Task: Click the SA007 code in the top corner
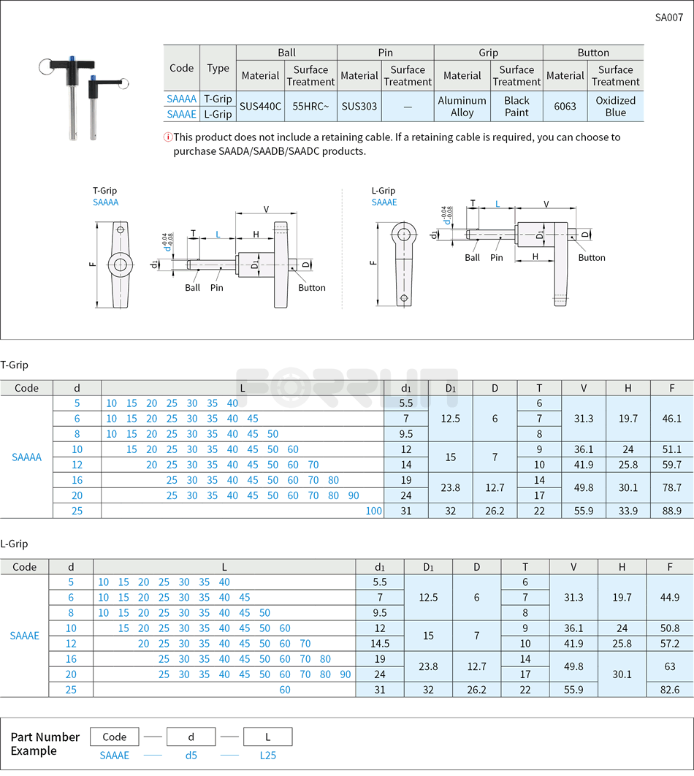[668, 18]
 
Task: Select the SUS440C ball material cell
[260, 106]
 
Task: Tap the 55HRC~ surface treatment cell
[310, 106]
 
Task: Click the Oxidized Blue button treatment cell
[615, 106]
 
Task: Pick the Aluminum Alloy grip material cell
[462, 106]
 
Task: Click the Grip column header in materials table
[488, 53]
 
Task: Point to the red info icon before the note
[167, 137]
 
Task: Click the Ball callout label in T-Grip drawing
[192, 287]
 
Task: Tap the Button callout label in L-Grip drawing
[592, 257]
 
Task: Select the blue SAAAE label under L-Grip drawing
[384, 202]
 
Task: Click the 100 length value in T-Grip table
[373, 511]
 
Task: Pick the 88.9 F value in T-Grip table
[671, 511]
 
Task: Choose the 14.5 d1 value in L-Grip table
[380, 644]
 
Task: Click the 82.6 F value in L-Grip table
[669, 690]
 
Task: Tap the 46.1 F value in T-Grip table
[671, 419]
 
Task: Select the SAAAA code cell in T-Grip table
[27, 457]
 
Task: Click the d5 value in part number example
[191, 756]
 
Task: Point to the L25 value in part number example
[268, 756]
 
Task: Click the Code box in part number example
[115, 737]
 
